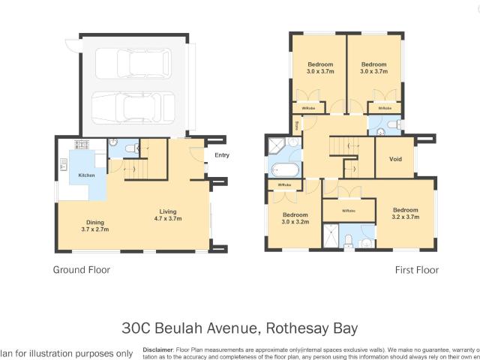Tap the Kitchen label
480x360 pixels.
pos(87,175)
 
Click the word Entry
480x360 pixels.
pos(222,155)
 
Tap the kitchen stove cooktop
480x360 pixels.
pos(80,145)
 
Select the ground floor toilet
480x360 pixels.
pos(128,147)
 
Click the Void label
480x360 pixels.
pos(395,158)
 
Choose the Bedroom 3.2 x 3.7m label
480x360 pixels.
pos(405,213)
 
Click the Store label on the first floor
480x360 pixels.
pos(298,125)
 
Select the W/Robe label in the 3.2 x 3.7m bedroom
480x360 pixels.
pos(348,211)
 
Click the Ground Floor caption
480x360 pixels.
pos(81,270)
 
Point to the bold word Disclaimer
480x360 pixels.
pos(157,349)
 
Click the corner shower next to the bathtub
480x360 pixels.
pos(277,145)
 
